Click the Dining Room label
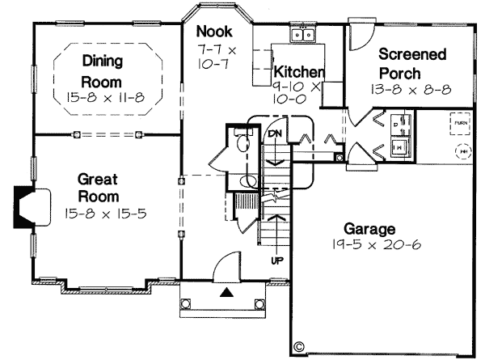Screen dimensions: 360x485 pos(101,70)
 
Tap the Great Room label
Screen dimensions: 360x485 pos(99,187)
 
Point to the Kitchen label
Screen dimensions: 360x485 pos(298,71)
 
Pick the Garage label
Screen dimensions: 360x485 pos(368,228)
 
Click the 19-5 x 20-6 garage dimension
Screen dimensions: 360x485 pos(369,244)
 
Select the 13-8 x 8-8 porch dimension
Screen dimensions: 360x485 pos(413,89)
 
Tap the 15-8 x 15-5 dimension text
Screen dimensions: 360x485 pos(100,214)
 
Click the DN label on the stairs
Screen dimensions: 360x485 pos(275,133)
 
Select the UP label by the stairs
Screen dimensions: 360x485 pos(276,260)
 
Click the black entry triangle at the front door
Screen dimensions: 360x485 pos(228,291)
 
